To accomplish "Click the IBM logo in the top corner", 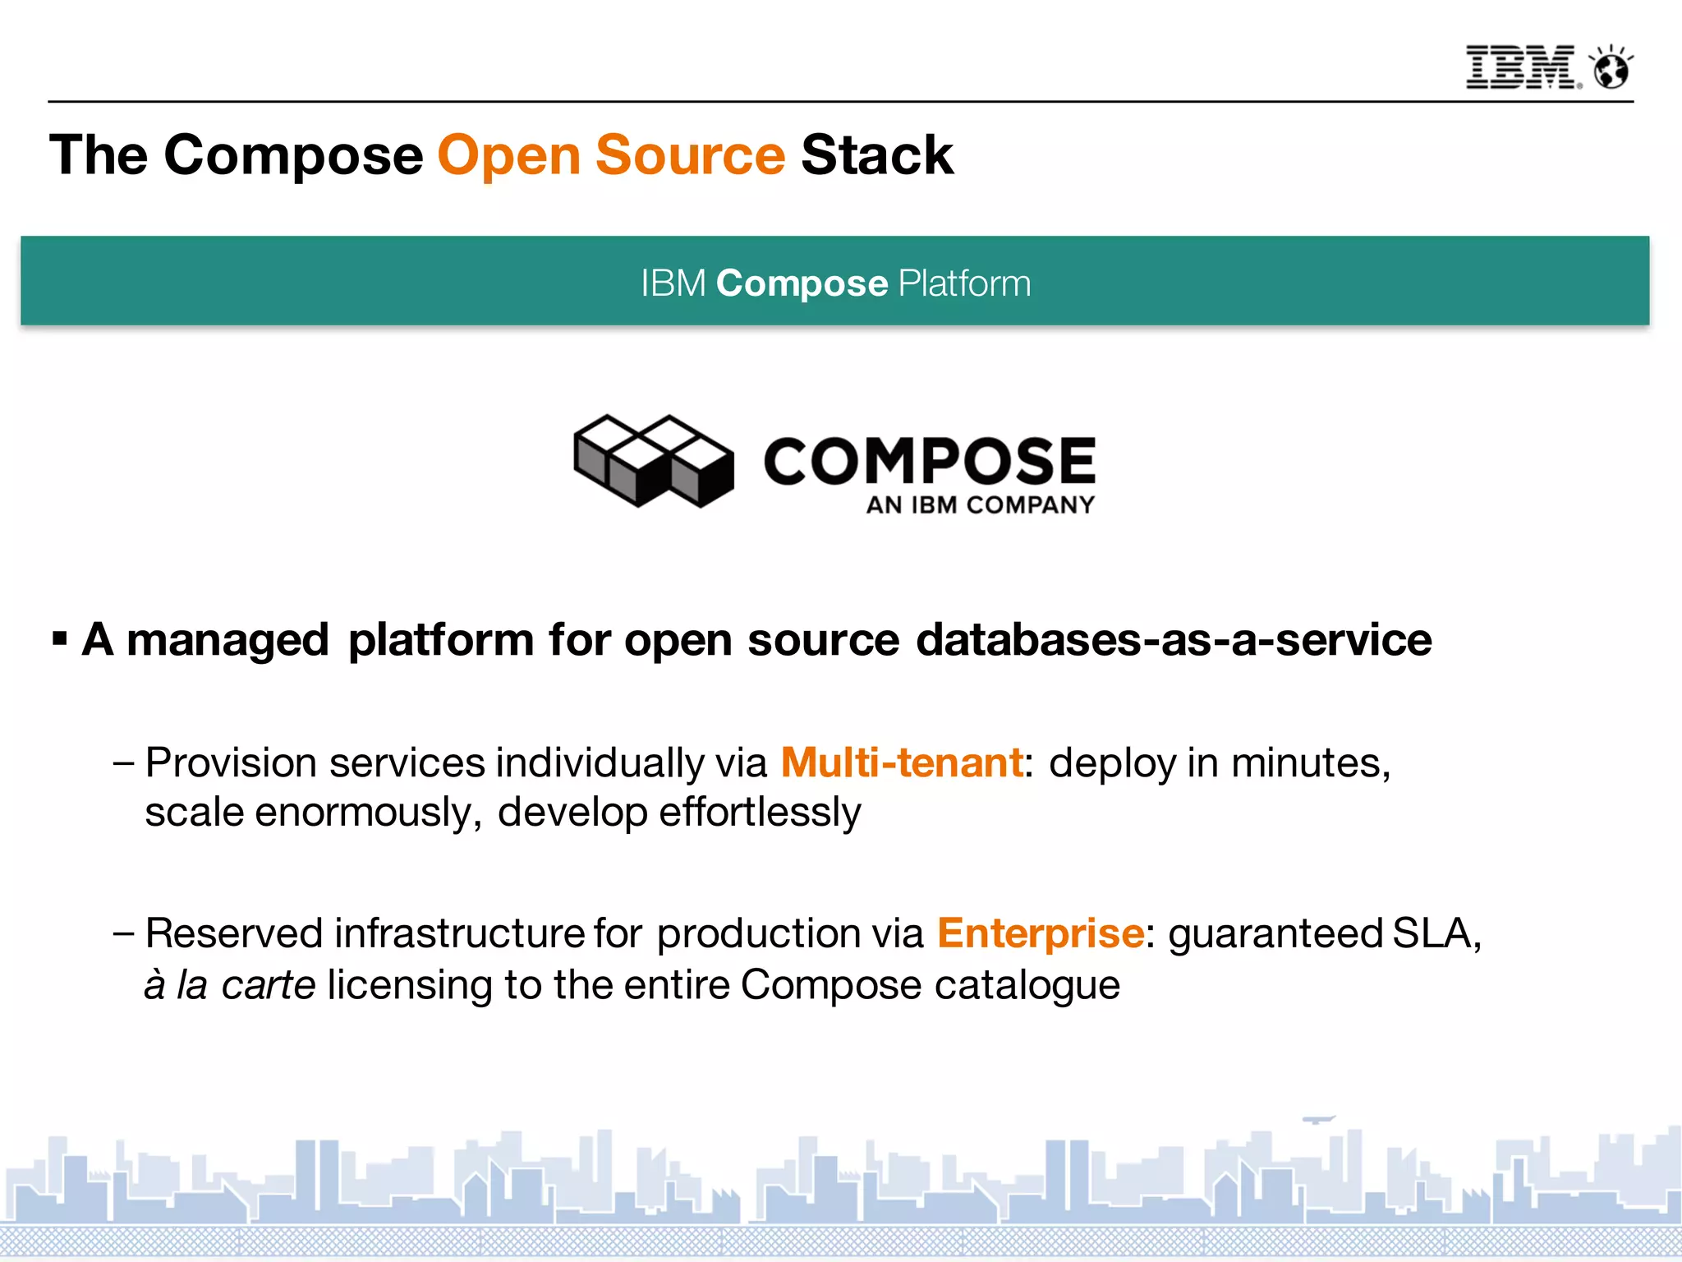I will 1521,67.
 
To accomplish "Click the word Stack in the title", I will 877,154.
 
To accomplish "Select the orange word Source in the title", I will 690,154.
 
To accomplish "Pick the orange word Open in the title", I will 509,156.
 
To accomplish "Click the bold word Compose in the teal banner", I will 802,283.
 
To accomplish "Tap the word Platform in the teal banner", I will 964,283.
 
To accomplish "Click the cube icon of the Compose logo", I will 654,460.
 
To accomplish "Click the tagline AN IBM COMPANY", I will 981,504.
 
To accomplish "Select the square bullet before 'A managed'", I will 59,638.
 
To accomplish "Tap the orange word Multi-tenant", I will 902,762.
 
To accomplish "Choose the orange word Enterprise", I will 1041,933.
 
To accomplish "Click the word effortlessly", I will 760,812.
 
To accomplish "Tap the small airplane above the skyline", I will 1318,1119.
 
